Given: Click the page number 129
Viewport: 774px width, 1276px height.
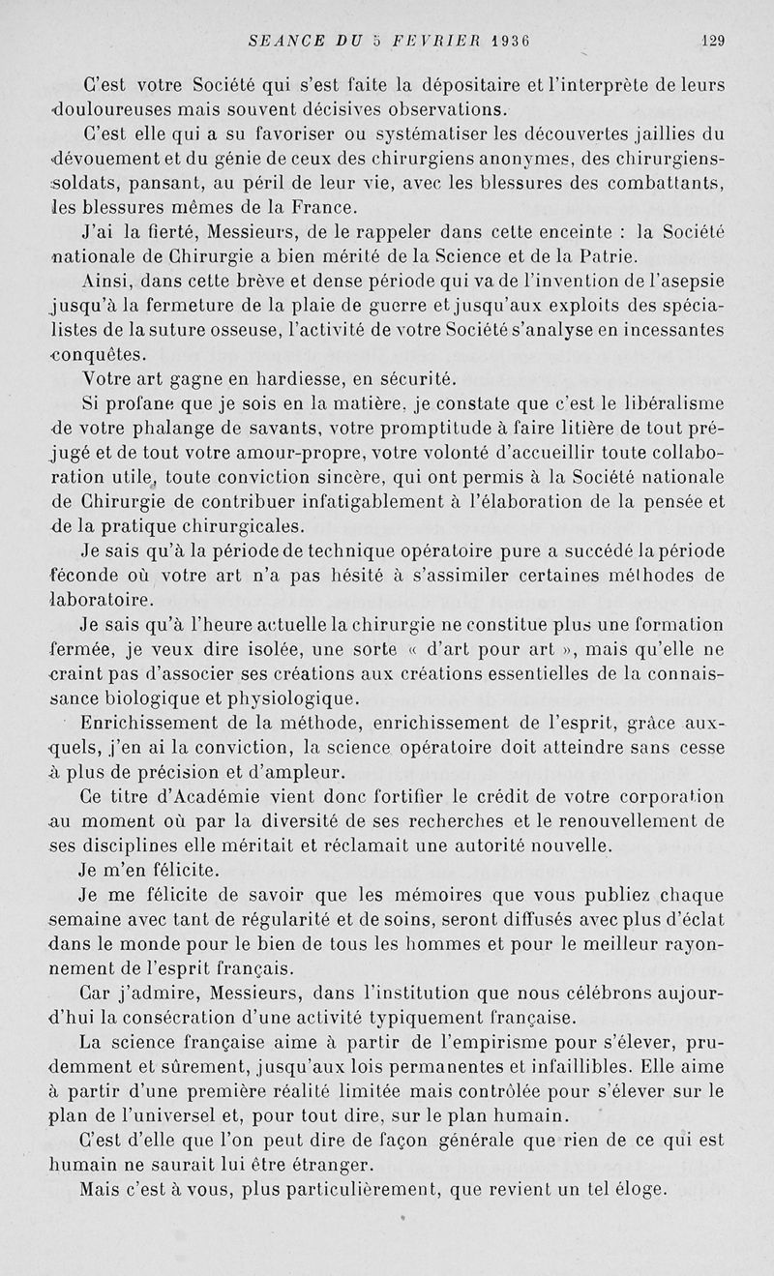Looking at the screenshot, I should [x=713, y=41].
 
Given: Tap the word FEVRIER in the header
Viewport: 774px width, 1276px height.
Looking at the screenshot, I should [x=435, y=41].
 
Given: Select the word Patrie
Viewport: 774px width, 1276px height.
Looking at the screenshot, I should [x=607, y=257].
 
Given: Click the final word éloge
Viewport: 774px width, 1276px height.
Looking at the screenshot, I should [x=634, y=1190].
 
